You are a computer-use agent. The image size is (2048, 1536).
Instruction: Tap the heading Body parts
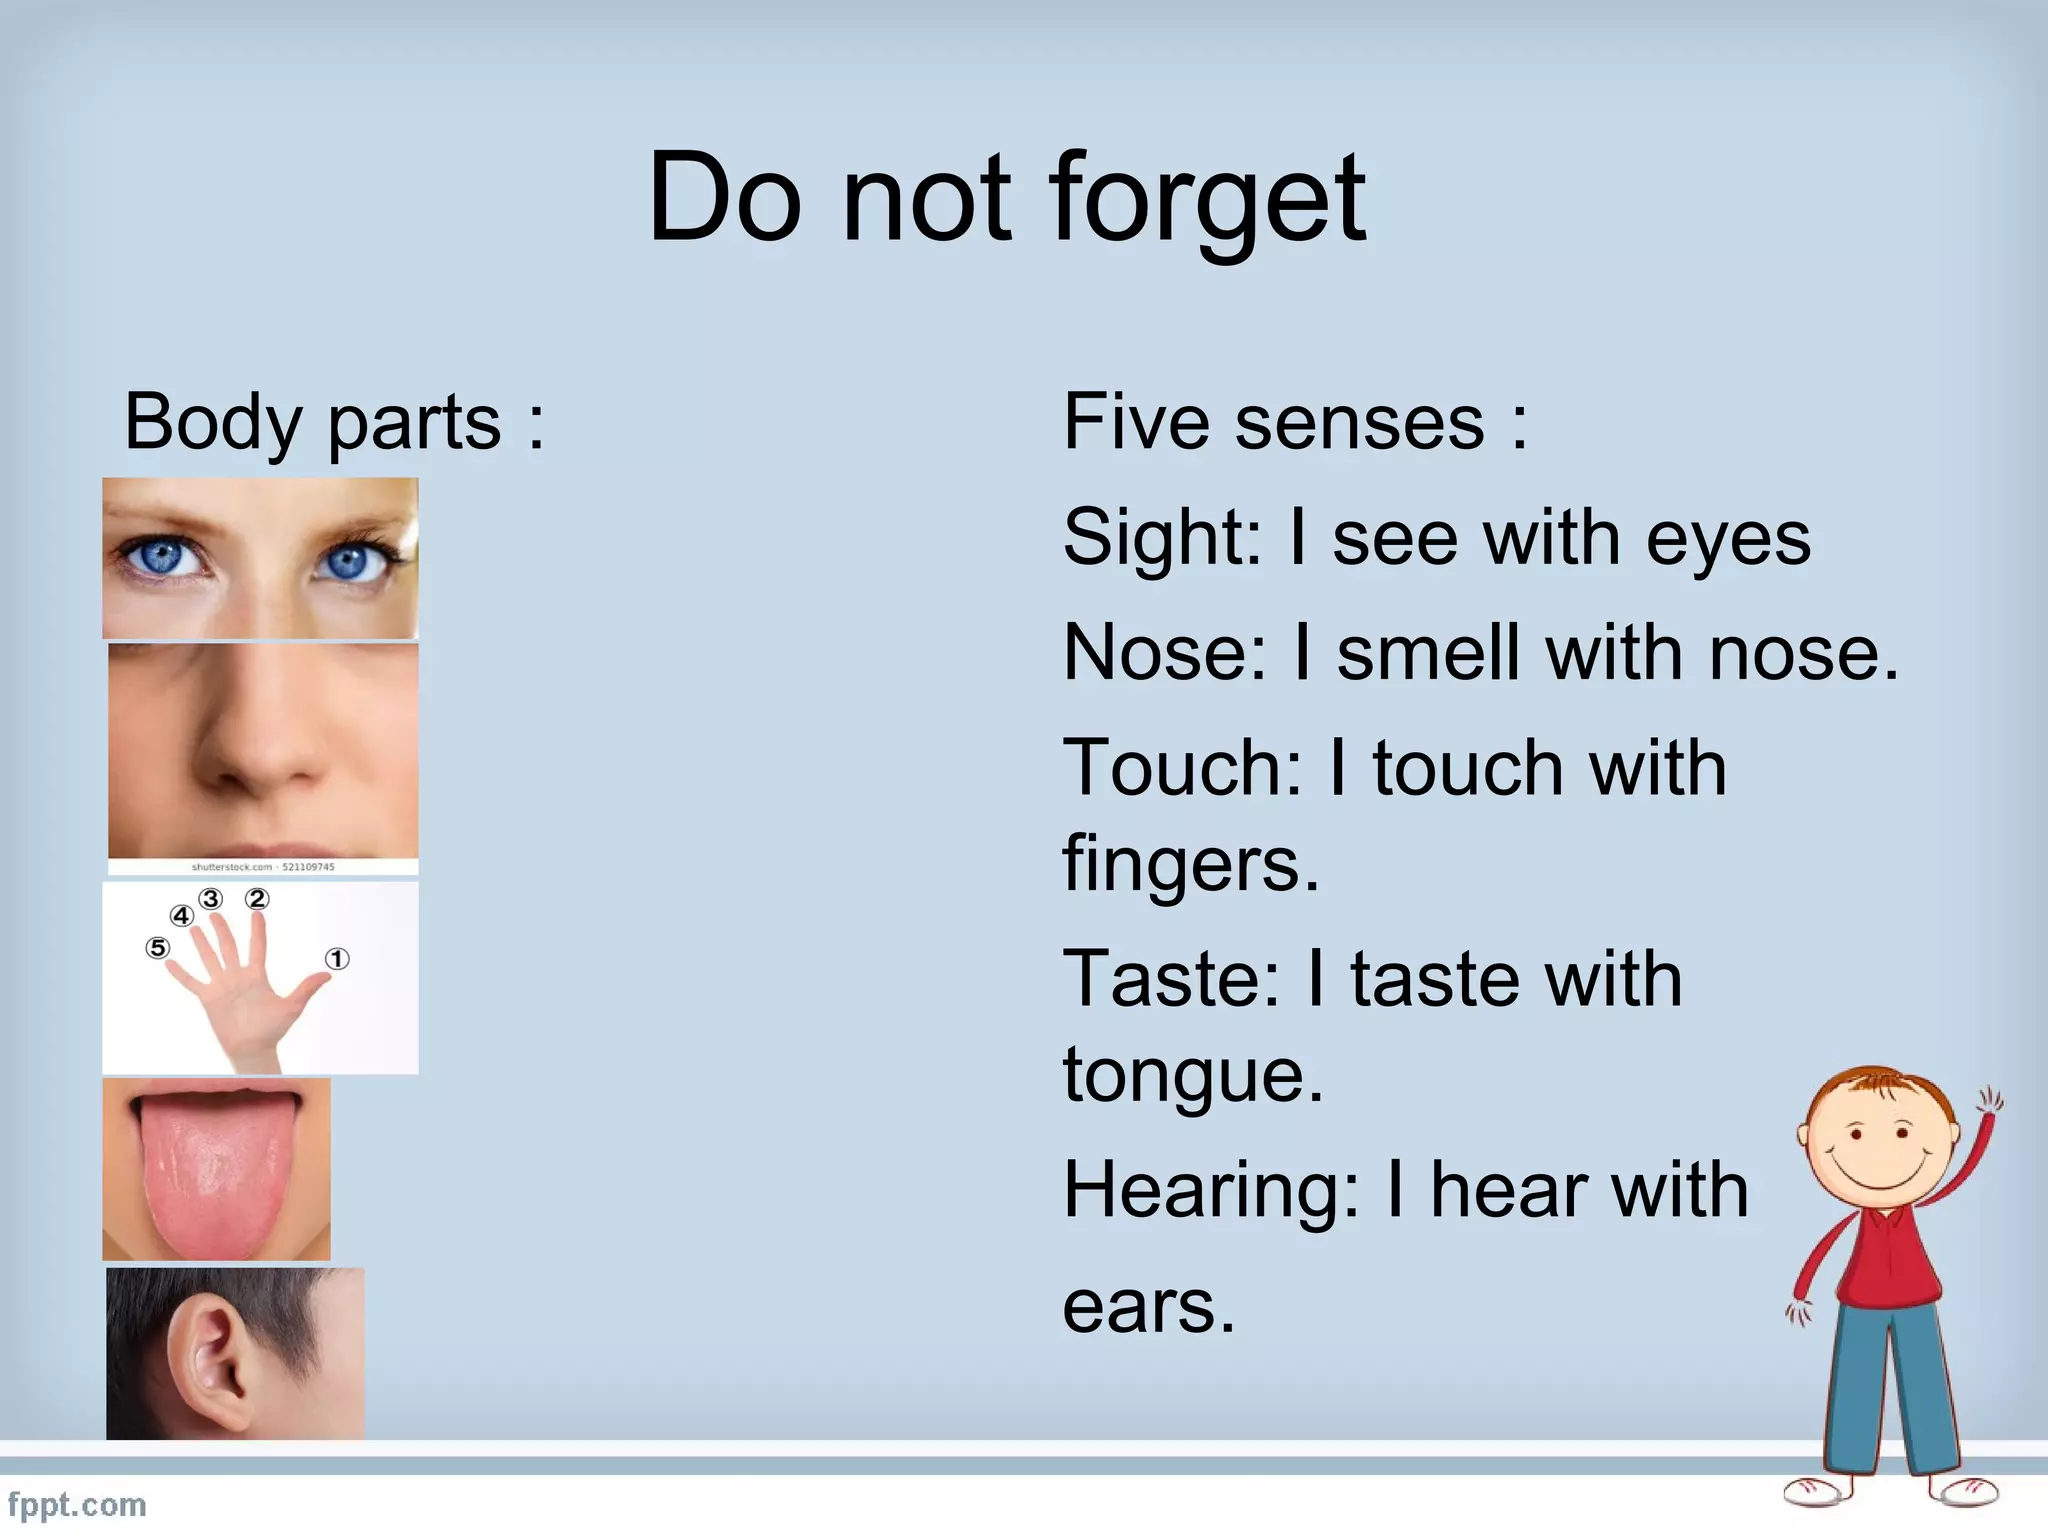(x=334, y=423)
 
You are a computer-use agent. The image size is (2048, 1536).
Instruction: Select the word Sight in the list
(x=1160, y=538)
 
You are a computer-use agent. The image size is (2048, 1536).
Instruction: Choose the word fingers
(x=1190, y=864)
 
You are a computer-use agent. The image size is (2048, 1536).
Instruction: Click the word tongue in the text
(x=1192, y=1076)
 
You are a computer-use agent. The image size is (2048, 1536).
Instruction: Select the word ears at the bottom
(x=1148, y=1308)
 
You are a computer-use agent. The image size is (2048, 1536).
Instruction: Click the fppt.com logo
(x=77, y=1505)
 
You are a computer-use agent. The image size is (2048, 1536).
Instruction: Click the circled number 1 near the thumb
(x=337, y=959)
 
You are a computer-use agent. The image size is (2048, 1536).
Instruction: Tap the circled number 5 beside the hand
(x=157, y=947)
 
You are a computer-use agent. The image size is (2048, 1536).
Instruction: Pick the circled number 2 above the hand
(x=258, y=899)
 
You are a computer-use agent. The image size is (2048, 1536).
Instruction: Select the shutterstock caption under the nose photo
(x=263, y=867)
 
